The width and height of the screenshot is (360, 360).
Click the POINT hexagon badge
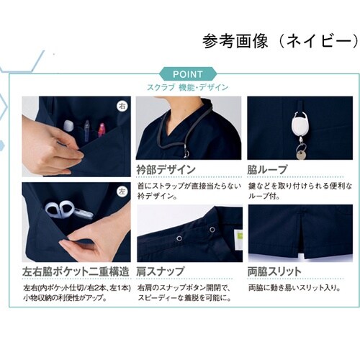(188, 74)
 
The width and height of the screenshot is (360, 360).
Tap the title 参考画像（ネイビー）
(281, 41)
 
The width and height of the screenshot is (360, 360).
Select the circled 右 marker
(122, 106)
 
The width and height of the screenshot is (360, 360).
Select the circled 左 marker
(122, 192)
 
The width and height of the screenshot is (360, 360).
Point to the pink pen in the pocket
(102, 130)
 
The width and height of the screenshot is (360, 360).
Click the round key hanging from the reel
(302, 155)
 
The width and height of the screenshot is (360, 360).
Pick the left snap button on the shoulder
(179, 238)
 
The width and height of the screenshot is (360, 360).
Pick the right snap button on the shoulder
(212, 230)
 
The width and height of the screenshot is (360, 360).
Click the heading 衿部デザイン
(166, 170)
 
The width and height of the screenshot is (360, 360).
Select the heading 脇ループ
(267, 170)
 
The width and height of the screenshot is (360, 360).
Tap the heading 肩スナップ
(161, 271)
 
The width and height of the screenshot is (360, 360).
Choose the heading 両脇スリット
(274, 271)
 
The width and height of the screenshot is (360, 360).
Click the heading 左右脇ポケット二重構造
(76, 271)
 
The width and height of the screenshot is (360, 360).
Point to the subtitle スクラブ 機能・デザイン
(188, 88)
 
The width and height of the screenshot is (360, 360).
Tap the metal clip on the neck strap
(186, 151)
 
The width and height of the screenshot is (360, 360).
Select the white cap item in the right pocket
(68, 125)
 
